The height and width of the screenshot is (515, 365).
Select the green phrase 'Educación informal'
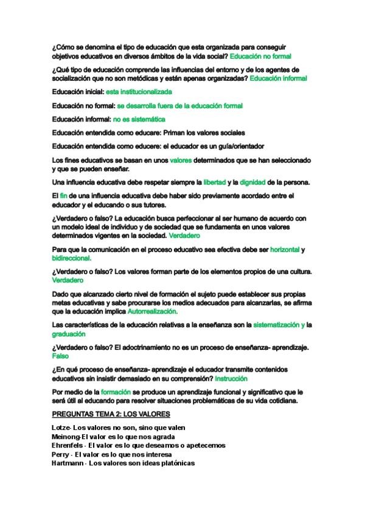tap(278, 78)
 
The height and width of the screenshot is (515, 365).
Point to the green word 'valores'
tap(181, 160)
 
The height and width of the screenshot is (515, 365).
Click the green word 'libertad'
tap(214, 182)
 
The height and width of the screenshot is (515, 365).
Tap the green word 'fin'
tap(63, 196)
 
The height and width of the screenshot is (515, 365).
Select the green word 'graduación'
tap(68, 334)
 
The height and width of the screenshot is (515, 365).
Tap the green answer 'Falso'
tap(60, 356)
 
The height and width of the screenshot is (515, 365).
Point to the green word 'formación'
tap(116, 392)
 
